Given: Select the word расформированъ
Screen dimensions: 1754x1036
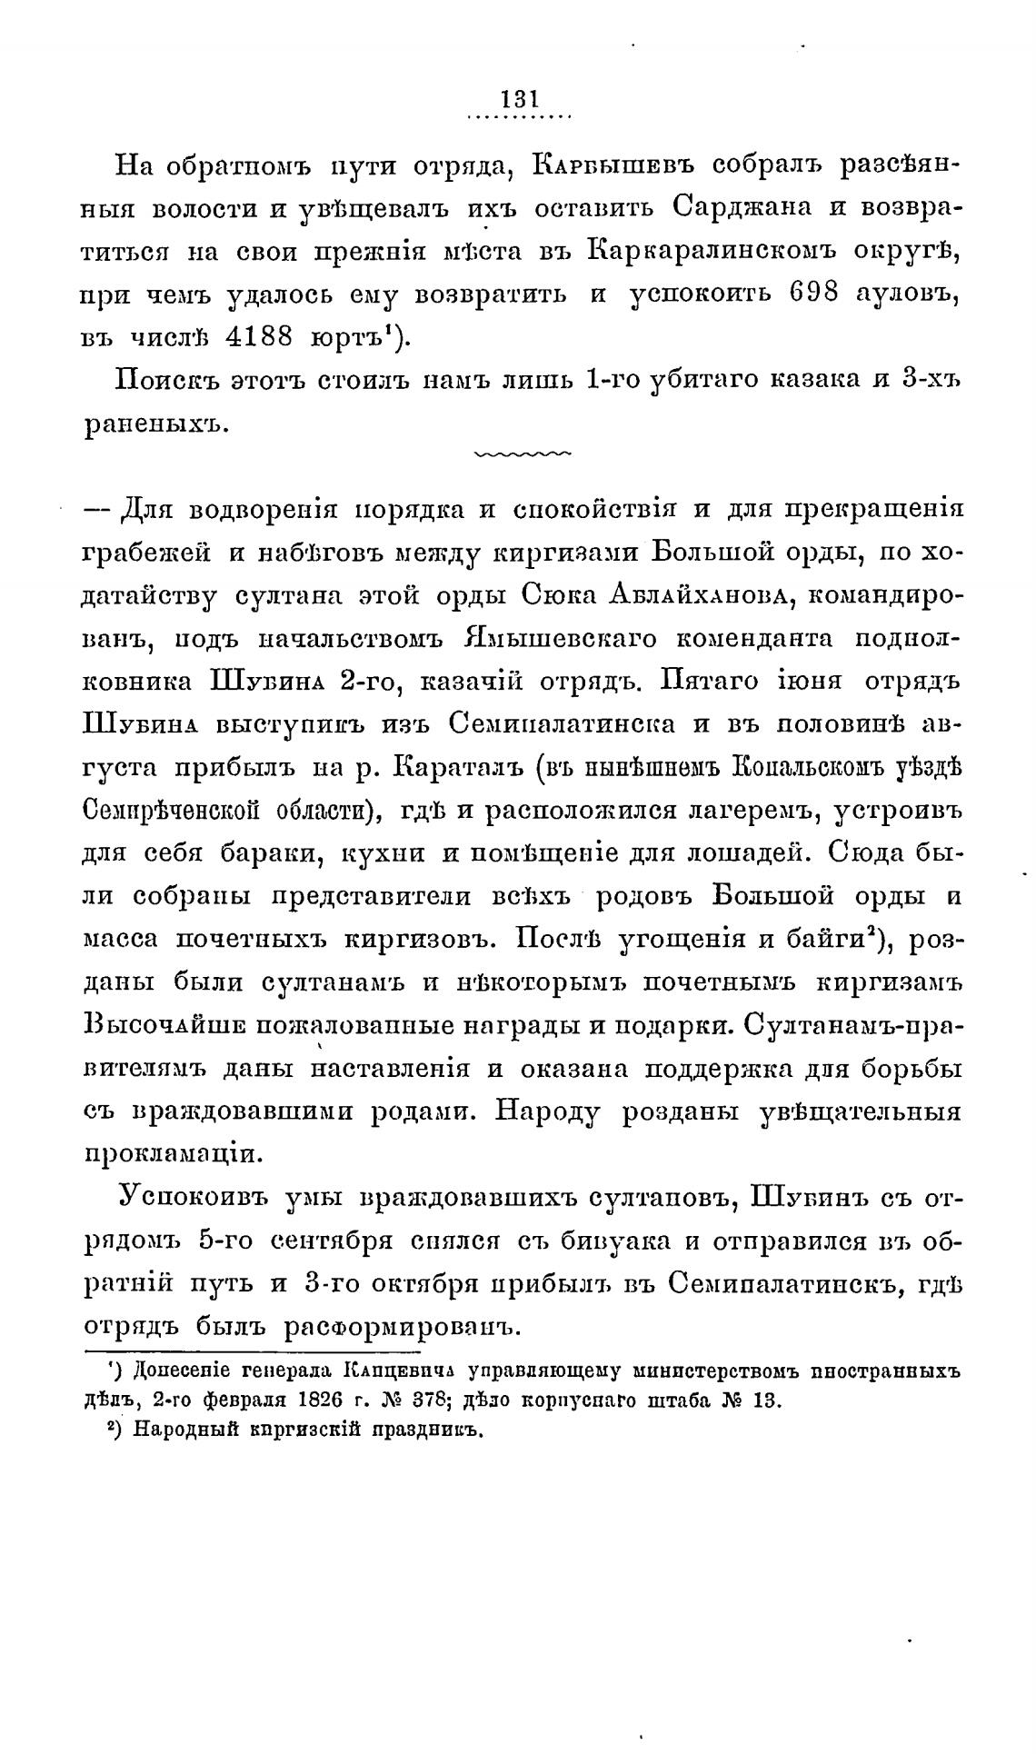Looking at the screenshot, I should (403, 1326).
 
